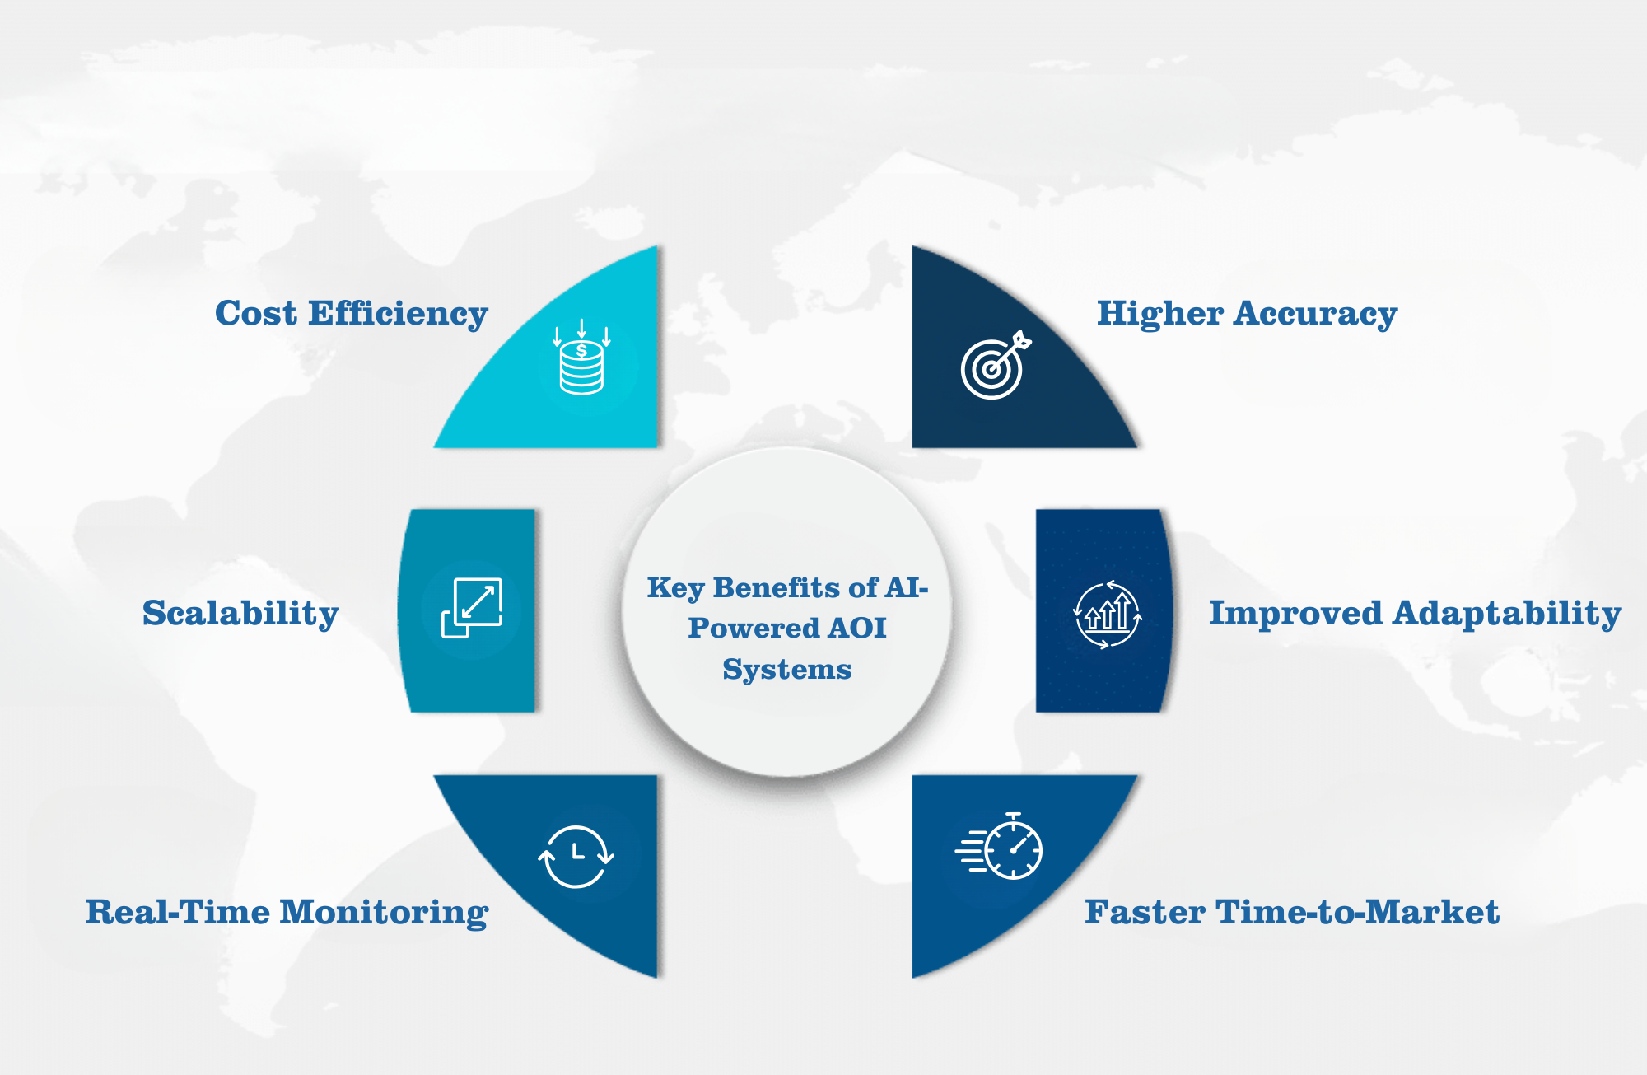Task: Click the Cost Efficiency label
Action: [352, 314]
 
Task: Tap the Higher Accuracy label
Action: [1247, 314]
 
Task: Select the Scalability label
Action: [240, 614]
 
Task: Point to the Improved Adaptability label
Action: [1415, 614]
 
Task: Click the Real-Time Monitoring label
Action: [287, 913]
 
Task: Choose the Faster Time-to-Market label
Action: [1292, 912]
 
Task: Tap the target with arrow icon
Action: [996, 365]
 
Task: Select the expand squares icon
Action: [472, 608]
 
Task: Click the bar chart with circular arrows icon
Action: [1108, 615]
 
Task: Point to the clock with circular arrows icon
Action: [576, 857]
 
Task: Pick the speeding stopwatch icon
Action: [999, 846]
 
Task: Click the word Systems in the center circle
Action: [787, 670]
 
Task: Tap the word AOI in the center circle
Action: [857, 628]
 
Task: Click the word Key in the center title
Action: [675, 588]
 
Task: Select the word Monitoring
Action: [386, 913]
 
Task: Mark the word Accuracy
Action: [1315, 314]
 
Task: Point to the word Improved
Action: [1295, 614]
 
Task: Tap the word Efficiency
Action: [399, 314]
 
